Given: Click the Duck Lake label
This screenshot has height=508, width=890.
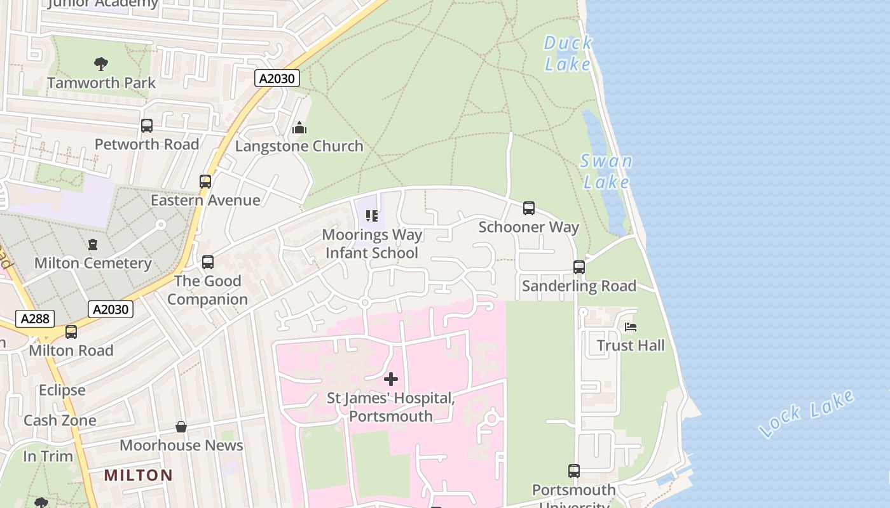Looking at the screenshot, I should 568,53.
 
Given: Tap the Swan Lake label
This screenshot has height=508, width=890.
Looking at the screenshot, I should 606,171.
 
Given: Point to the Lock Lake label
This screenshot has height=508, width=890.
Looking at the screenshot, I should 807,413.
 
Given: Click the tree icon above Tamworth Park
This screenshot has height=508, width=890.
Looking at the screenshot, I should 101,63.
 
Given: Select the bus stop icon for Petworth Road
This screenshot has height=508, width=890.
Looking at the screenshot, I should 147,126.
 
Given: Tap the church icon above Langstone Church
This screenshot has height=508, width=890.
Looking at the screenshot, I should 299,128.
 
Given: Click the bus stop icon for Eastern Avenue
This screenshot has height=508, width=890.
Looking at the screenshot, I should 205,182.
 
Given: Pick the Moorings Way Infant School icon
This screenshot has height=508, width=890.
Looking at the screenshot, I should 372,216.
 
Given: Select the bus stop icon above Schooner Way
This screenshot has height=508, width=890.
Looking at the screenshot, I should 529,208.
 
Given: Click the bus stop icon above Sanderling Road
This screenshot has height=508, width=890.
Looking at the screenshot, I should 579,267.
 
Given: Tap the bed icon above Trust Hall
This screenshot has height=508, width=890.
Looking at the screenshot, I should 631,327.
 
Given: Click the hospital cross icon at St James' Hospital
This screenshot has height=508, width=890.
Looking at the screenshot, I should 391,379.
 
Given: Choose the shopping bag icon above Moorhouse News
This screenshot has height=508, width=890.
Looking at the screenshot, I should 181,427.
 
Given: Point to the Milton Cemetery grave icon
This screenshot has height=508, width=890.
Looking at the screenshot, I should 93,244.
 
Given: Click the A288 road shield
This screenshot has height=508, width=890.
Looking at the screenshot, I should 35,319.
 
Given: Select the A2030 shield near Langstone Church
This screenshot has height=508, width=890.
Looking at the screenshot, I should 277,78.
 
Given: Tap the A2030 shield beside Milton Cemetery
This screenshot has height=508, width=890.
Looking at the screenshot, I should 111,309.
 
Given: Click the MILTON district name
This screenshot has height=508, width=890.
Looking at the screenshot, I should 138,475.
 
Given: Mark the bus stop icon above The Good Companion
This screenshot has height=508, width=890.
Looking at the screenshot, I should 207,262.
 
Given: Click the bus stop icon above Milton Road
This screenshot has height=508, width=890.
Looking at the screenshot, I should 71,331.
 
